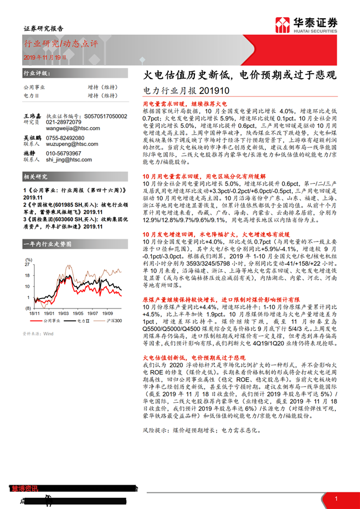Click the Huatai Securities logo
307,25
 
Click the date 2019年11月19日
45,57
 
